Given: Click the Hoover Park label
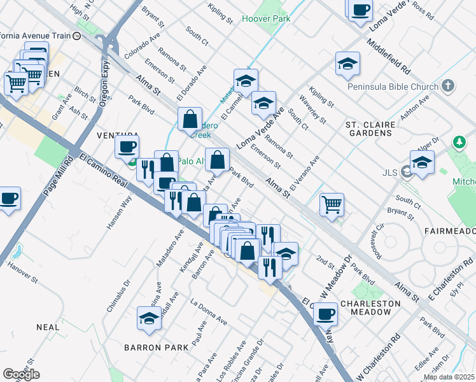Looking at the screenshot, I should [x=266, y=18].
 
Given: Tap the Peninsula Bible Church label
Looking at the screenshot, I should [x=393, y=87].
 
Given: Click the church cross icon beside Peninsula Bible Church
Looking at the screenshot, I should [x=449, y=85].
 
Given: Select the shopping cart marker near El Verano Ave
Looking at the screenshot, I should [x=332, y=205].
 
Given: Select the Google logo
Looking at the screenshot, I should [x=21, y=374].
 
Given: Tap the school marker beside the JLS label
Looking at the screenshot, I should [x=422, y=162].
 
